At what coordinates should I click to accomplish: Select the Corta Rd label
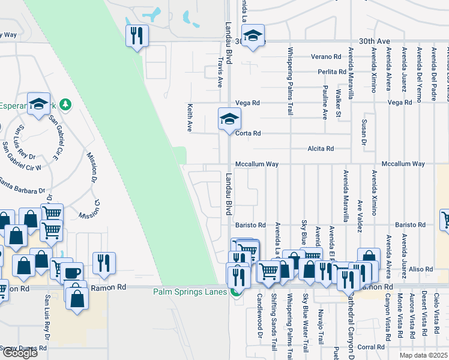pyautogui.click(x=248, y=133)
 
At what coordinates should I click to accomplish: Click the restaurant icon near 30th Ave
pyautogui.click(x=137, y=36)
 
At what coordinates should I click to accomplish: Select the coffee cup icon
pyautogui.click(x=73, y=272)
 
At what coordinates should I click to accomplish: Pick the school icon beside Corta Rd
pyautogui.click(x=229, y=119)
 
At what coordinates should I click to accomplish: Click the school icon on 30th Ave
pyautogui.click(x=253, y=35)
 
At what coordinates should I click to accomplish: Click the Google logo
pyautogui.click(x=20, y=353)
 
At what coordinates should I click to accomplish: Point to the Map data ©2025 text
pyautogui.click(x=423, y=355)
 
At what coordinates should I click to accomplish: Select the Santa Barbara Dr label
pyautogui.click(x=22, y=186)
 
